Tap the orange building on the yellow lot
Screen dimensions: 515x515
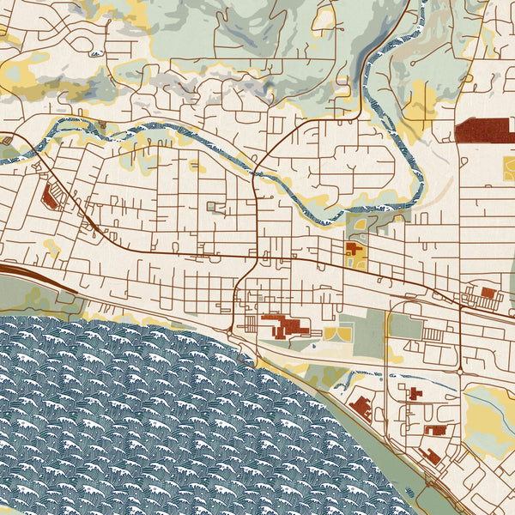click(354, 252)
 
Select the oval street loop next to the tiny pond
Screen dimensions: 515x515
click(360, 226)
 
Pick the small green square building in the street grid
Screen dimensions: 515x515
click(213, 206)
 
